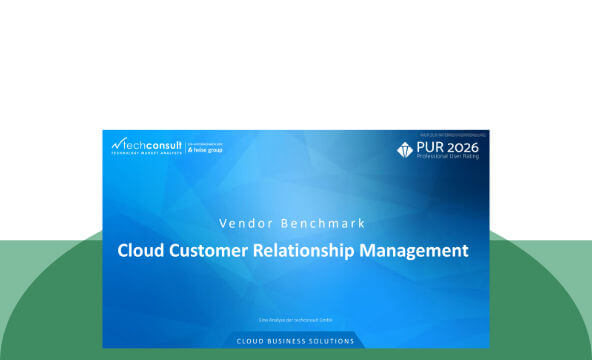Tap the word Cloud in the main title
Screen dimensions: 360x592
pos(140,250)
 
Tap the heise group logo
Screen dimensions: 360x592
pos(204,149)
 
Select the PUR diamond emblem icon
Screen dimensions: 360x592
pos(405,150)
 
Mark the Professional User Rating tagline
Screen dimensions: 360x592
pos(454,159)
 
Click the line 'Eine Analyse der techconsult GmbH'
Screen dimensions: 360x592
pos(295,320)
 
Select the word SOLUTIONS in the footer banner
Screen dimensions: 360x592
pos(334,341)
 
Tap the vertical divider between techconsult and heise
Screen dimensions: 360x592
pos(183,147)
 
